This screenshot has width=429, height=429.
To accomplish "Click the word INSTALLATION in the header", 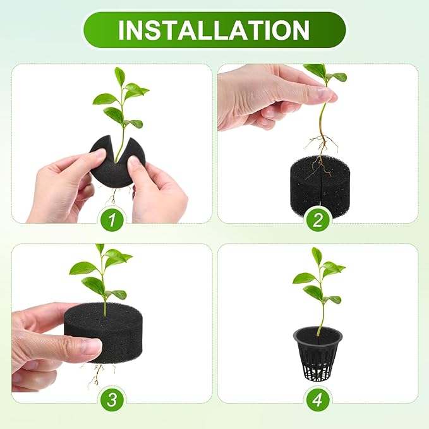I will tap(214, 30).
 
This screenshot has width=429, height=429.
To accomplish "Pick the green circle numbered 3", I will tap(111, 400).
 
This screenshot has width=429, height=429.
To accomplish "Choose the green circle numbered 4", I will tap(317, 400).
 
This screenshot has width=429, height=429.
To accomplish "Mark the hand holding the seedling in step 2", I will tap(265, 95).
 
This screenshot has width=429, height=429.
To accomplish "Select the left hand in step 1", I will tap(60, 186).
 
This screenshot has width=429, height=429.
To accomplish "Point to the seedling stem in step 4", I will tap(320, 316).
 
